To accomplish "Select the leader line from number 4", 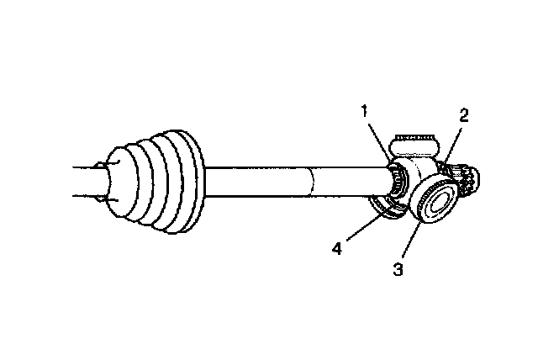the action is pos(361,230).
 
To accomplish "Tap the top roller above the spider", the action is pos(414,138).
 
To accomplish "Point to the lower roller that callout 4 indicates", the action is pos(388,207).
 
